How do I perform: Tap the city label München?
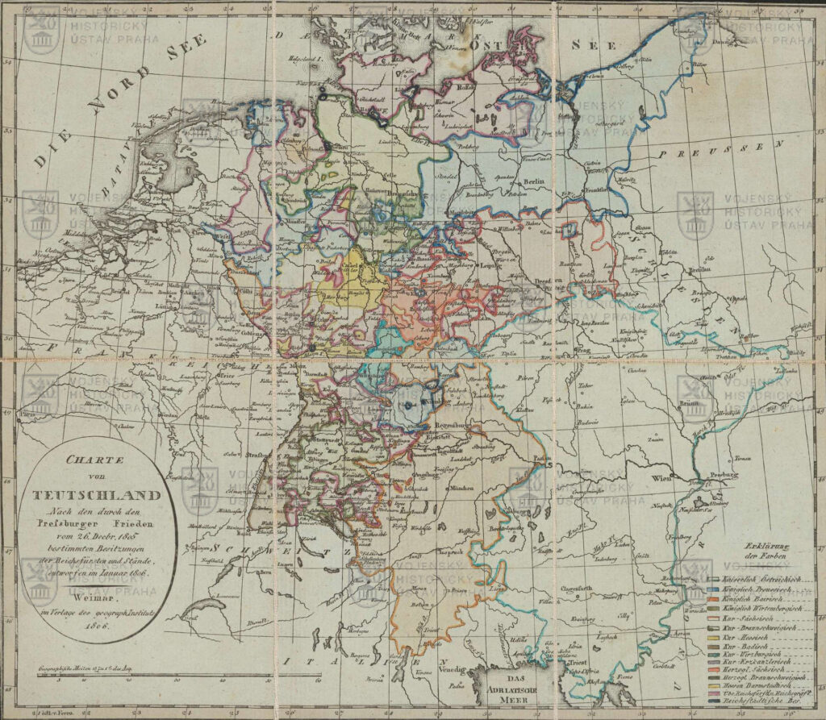[461, 487]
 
